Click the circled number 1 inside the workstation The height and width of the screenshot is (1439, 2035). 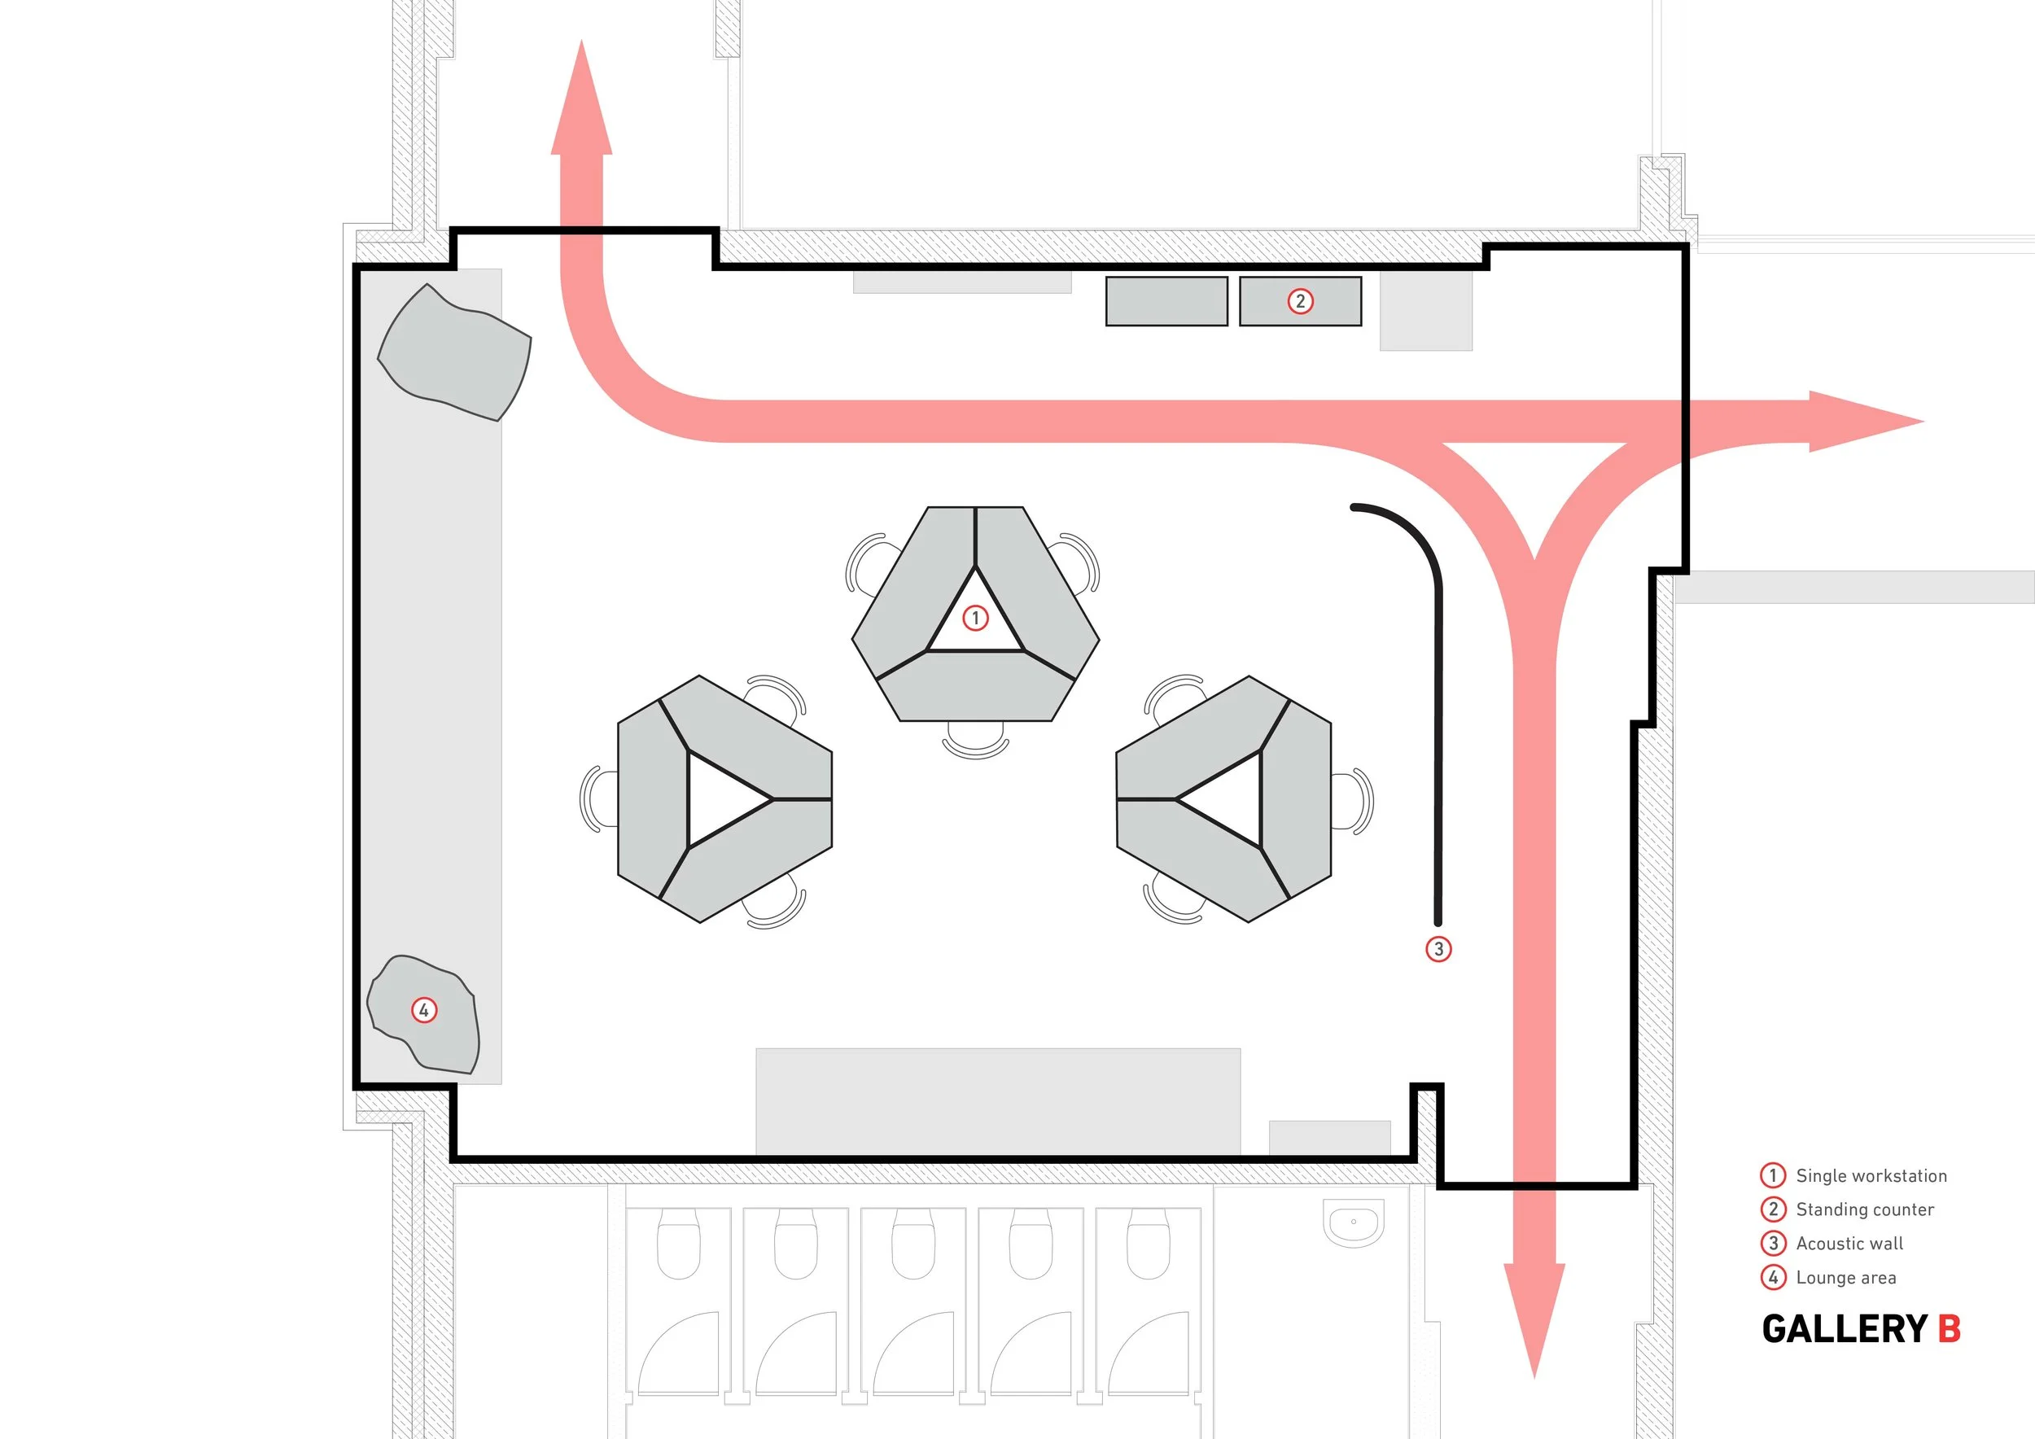pos(975,618)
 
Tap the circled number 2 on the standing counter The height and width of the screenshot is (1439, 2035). pos(1300,301)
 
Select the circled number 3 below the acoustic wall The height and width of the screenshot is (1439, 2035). pos(1438,949)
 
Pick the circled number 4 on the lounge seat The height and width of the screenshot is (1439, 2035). pos(423,1010)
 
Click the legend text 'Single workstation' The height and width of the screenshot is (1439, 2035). pos(1871,1176)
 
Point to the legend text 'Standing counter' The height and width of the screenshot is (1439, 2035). pos(1865,1209)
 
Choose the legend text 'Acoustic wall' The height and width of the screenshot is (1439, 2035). pos(1849,1243)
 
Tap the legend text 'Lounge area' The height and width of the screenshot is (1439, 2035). pos(1845,1278)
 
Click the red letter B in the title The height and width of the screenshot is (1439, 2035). pos(1949,1329)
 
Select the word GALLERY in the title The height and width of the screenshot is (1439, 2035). pos(1845,1329)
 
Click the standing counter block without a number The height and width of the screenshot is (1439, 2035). pos(1166,301)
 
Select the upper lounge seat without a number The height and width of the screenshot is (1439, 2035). pos(453,352)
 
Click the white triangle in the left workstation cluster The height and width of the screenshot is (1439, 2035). pos(722,799)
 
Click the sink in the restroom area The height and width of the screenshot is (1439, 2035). pos(1354,1222)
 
